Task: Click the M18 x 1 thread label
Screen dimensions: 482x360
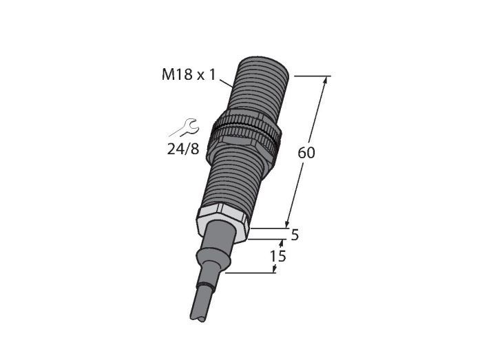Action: coord(189,74)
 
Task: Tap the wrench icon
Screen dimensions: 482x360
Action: coord(185,128)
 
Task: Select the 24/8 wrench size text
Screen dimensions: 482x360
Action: coord(183,149)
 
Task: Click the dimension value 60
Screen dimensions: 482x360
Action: coord(306,153)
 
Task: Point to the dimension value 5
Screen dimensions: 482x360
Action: coord(295,235)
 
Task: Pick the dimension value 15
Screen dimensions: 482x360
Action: coord(277,256)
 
